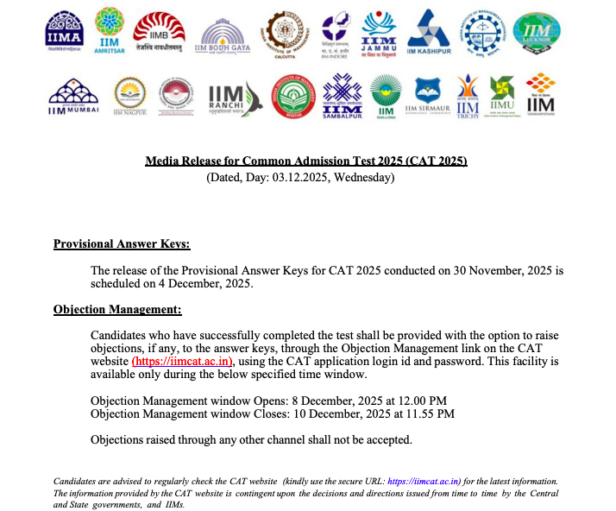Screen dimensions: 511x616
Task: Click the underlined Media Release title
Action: coord(305,161)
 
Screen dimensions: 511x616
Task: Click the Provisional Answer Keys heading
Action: coord(122,244)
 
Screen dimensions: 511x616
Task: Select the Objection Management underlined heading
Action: coord(117,310)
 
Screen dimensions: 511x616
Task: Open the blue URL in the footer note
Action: coord(424,481)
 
